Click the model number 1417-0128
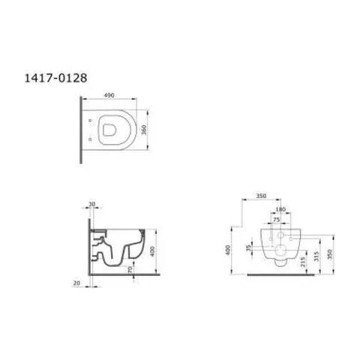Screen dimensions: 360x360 point(55,78)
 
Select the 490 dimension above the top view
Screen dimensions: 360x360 point(109,95)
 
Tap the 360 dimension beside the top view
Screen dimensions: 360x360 point(144,130)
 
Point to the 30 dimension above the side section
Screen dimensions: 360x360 point(92,204)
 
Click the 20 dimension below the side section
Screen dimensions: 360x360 point(76,283)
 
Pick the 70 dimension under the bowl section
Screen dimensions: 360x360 point(130,269)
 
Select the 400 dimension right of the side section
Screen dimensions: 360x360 point(152,251)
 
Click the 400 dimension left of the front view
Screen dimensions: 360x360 point(228,250)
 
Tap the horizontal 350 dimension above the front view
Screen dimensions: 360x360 point(261,196)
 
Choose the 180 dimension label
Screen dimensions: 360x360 point(280,209)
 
